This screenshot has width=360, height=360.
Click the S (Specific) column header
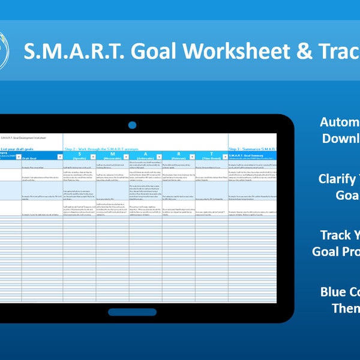click(x=79, y=155)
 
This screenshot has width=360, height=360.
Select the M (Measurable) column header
click(x=112, y=155)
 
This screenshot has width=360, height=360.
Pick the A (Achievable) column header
click(x=145, y=155)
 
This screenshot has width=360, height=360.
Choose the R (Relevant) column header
click(x=178, y=155)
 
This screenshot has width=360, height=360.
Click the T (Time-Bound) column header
click(x=211, y=155)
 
